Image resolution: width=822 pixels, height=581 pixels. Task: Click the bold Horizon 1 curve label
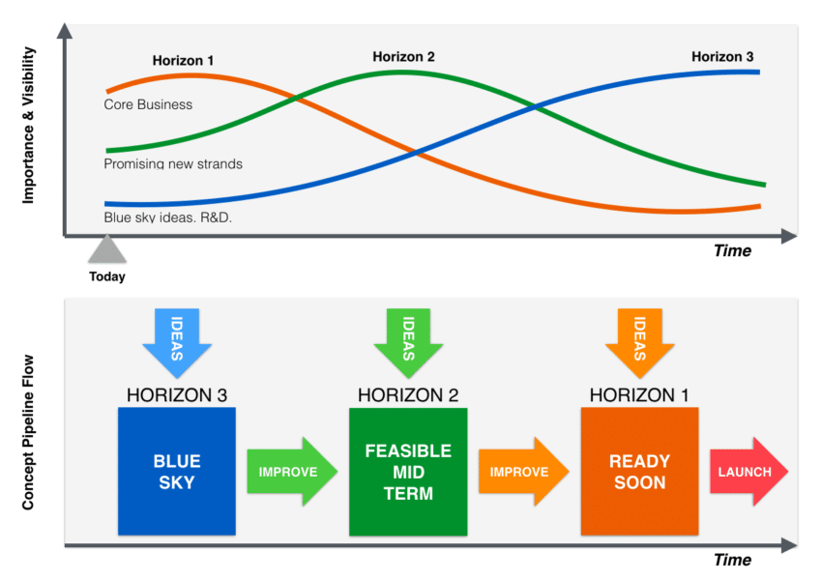tap(183, 61)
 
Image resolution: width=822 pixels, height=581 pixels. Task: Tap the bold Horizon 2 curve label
tap(403, 57)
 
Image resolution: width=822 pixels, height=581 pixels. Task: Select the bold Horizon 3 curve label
tap(722, 57)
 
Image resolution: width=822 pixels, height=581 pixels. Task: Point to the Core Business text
tap(148, 104)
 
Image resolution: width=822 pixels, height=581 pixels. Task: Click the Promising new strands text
tap(173, 163)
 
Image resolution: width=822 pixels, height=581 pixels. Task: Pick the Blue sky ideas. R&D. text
tap(167, 217)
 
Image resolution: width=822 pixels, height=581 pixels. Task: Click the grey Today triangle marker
tap(107, 248)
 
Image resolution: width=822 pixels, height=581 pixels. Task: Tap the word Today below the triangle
tap(107, 276)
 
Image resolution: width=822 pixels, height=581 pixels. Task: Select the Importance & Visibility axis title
tap(28, 126)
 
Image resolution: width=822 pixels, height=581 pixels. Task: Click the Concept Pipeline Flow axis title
tap(28, 432)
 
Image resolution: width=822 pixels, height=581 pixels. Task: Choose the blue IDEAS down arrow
tap(177, 342)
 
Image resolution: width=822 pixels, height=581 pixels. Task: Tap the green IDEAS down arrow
tap(408, 342)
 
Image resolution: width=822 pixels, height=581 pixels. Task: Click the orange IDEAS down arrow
tap(639, 342)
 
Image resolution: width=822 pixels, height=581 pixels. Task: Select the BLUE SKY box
tap(177, 471)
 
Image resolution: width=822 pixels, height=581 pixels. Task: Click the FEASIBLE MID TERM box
tap(408, 471)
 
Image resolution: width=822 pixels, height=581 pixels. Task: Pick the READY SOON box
tap(639, 471)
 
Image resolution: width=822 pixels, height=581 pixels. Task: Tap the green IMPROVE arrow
tap(292, 472)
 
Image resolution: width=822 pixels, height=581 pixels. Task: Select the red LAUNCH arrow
tap(749, 472)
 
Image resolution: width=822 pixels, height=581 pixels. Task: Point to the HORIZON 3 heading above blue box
tap(177, 395)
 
